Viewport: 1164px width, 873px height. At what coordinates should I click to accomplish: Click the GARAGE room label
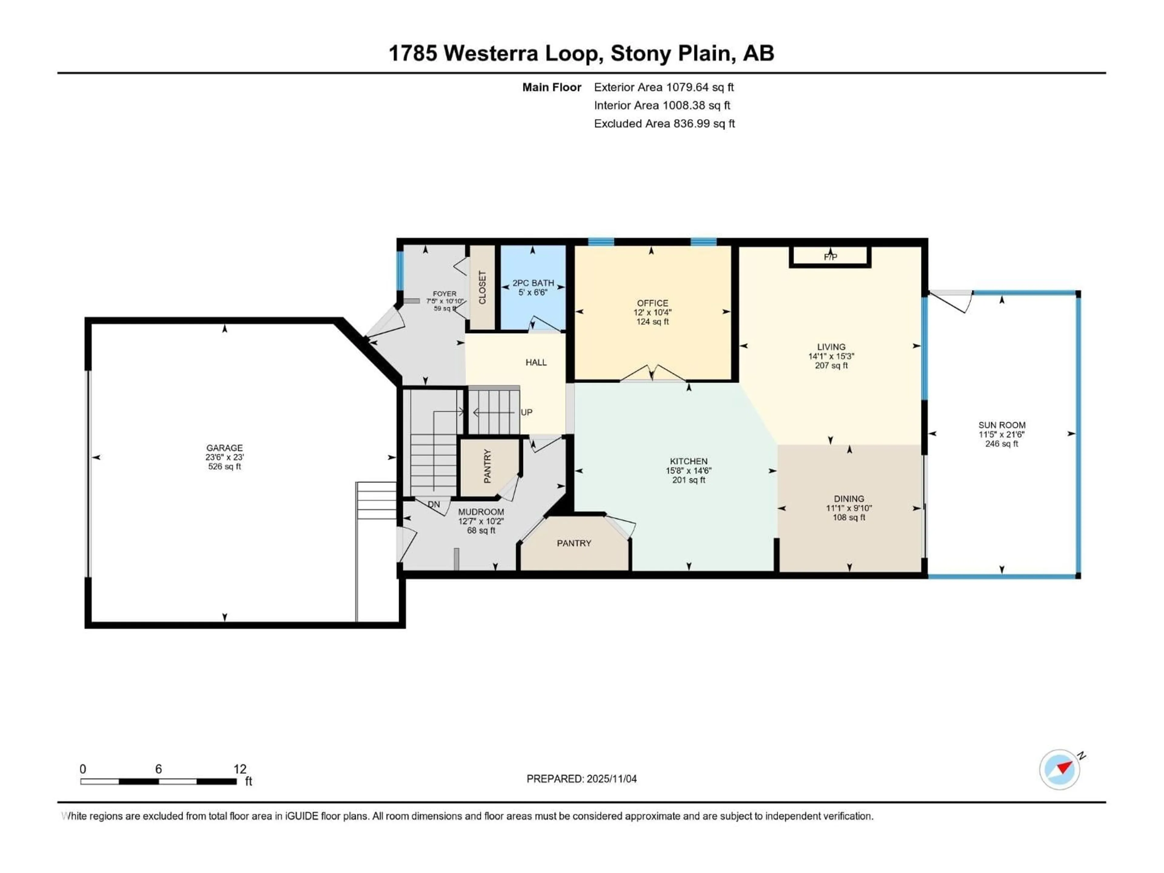point(224,448)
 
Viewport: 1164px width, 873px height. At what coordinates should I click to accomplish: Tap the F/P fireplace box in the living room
point(830,257)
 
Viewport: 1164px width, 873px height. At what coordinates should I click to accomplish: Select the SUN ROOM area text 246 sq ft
point(1002,443)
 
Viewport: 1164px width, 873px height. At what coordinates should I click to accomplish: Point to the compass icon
point(1059,769)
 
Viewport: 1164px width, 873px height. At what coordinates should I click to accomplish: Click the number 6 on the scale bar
point(159,769)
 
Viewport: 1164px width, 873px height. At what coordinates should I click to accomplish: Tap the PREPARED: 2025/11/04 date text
point(581,779)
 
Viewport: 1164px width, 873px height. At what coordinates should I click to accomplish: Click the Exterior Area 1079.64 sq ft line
point(664,87)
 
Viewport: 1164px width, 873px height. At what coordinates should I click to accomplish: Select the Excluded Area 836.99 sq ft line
point(664,124)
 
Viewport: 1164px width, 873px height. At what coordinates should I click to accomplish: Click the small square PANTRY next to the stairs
point(487,466)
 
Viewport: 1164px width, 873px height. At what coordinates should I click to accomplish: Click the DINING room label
point(849,498)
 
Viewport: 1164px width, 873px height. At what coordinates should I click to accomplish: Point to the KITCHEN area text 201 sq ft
point(688,480)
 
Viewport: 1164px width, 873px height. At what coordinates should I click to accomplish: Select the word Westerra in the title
point(491,53)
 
